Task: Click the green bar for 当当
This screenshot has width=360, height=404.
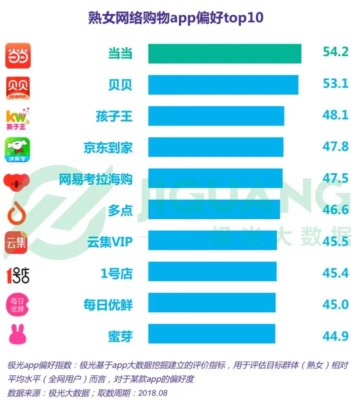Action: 224,54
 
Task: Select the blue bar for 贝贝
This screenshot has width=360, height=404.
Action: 223,85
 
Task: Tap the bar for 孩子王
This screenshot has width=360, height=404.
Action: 216,116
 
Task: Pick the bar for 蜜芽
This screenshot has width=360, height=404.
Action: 211,334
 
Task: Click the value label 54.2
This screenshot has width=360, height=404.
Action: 335,52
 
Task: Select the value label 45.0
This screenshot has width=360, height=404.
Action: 335,304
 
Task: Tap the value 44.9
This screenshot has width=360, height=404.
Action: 335,335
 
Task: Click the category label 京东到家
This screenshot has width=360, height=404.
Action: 108,148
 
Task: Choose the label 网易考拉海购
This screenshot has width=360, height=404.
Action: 95,179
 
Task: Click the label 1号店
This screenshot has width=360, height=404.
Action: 117,273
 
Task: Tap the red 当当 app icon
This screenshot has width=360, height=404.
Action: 17,56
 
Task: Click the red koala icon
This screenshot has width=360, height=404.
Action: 17,181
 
